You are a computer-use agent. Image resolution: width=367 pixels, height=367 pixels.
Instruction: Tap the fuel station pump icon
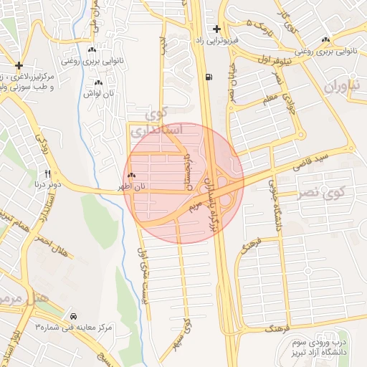click(208, 77)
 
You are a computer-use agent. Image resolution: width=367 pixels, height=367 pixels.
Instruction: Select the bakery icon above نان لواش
click(98, 82)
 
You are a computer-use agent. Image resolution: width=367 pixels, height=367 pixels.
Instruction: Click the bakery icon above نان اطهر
click(131, 176)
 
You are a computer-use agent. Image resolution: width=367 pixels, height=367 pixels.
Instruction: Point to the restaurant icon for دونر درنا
click(48, 173)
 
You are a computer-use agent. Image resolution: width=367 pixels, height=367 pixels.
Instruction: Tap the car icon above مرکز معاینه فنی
click(74, 315)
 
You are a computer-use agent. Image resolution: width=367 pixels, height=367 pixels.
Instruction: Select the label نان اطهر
click(132, 186)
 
